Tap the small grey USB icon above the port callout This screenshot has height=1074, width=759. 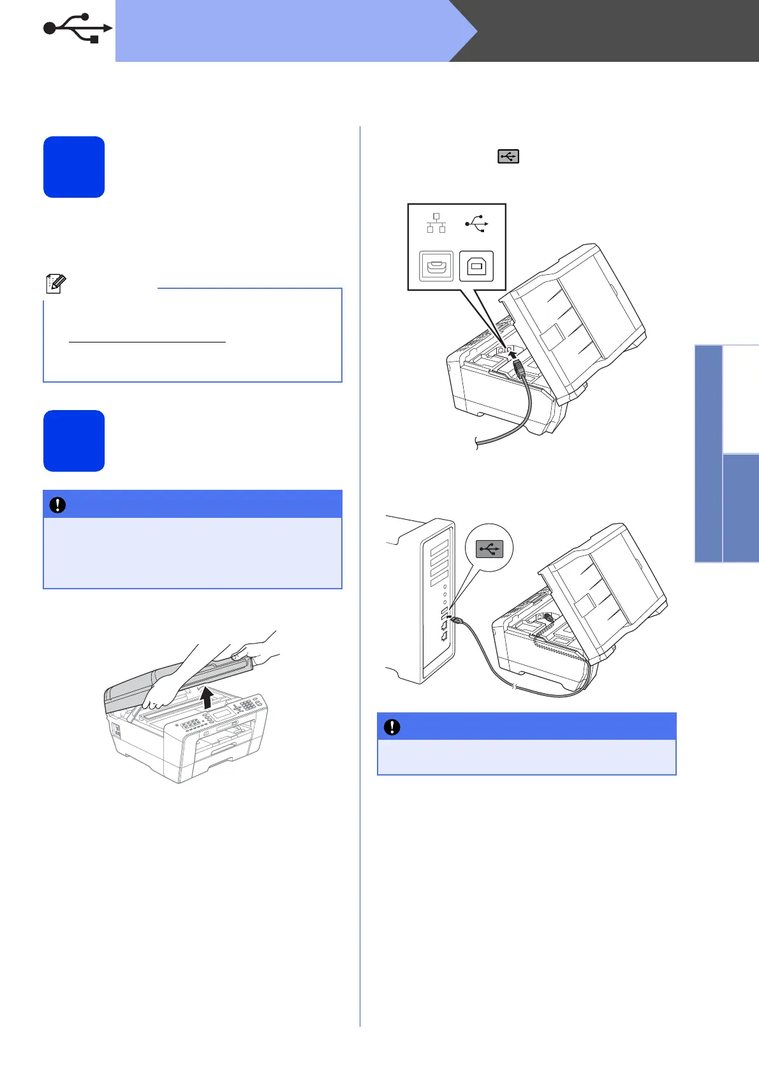508,156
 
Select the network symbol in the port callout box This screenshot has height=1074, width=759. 436,223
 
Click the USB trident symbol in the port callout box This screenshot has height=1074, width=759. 476,223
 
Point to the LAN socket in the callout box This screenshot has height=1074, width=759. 436,266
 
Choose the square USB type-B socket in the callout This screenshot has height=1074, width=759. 476,266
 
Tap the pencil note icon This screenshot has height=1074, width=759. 55,284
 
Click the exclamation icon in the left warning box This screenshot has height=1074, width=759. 58,505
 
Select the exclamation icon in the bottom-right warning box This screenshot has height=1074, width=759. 392,727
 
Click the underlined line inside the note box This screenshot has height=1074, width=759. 147,342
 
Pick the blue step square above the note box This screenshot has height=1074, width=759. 74,167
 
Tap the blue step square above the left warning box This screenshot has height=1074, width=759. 74,441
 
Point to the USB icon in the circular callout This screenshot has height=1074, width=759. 489,548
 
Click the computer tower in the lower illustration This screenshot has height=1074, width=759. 424,600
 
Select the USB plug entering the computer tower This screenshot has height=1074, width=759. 453,617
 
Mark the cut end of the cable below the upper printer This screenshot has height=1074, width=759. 478,443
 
